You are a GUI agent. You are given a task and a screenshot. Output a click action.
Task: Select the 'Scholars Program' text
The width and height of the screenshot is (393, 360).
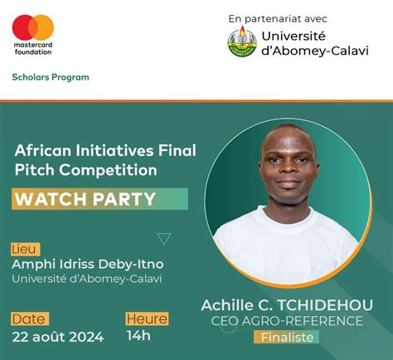point(51,77)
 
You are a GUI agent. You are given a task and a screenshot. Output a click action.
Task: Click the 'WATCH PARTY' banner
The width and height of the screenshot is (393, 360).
point(85,199)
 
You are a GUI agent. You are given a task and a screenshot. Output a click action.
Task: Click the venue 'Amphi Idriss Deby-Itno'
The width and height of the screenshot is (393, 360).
point(87,264)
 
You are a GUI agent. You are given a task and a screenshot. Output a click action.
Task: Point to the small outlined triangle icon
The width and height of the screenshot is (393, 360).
point(164,239)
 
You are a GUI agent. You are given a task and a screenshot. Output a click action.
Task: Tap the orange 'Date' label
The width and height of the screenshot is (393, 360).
point(30,319)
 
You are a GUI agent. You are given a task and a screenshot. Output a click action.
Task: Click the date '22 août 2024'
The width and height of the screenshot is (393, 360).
point(58,336)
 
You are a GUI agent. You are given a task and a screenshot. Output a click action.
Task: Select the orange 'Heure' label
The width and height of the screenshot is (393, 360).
point(147,319)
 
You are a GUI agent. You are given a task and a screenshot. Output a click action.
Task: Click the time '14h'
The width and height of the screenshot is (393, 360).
point(138,336)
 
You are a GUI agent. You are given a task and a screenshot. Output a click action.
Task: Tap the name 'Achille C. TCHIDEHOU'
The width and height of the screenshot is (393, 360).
point(287,304)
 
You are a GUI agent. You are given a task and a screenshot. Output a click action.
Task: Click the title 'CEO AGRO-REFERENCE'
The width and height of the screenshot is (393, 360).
point(287,321)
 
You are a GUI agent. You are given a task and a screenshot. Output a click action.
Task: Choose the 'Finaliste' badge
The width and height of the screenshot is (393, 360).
point(287,337)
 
